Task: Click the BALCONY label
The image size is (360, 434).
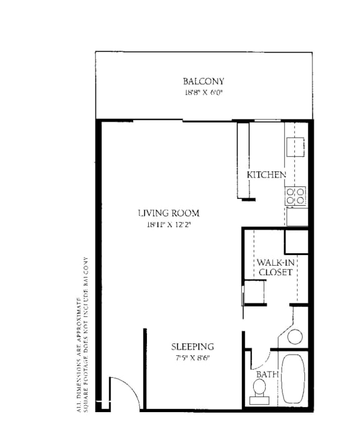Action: [x=203, y=81]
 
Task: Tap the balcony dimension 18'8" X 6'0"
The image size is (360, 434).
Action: [x=204, y=93]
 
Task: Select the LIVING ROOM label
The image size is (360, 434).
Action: [x=169, y=213]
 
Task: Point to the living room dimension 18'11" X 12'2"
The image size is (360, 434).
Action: [x=169, y=225]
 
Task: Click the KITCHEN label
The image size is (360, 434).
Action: [x=266, y=175]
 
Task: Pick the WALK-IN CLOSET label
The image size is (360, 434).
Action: [x=276, y=267]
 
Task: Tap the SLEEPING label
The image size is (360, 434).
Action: [x=192, y=346]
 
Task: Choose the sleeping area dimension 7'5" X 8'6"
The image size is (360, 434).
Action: [x=192, y=358]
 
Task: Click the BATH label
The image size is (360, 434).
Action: [x=267, y=375]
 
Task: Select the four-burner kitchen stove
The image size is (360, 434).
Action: [x=296, y=196]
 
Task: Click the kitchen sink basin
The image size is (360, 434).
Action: [x=295, y=147]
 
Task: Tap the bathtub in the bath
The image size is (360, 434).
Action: [x=293, y=378]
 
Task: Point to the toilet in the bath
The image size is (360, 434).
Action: [x=259, y=391]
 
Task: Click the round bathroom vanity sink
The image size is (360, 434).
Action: [x=295, y=336]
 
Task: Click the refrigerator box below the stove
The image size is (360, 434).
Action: [x=297, y=217]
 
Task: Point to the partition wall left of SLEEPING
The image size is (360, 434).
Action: [x=145, y=369]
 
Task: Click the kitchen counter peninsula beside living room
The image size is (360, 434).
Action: [x=243, y=161]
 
